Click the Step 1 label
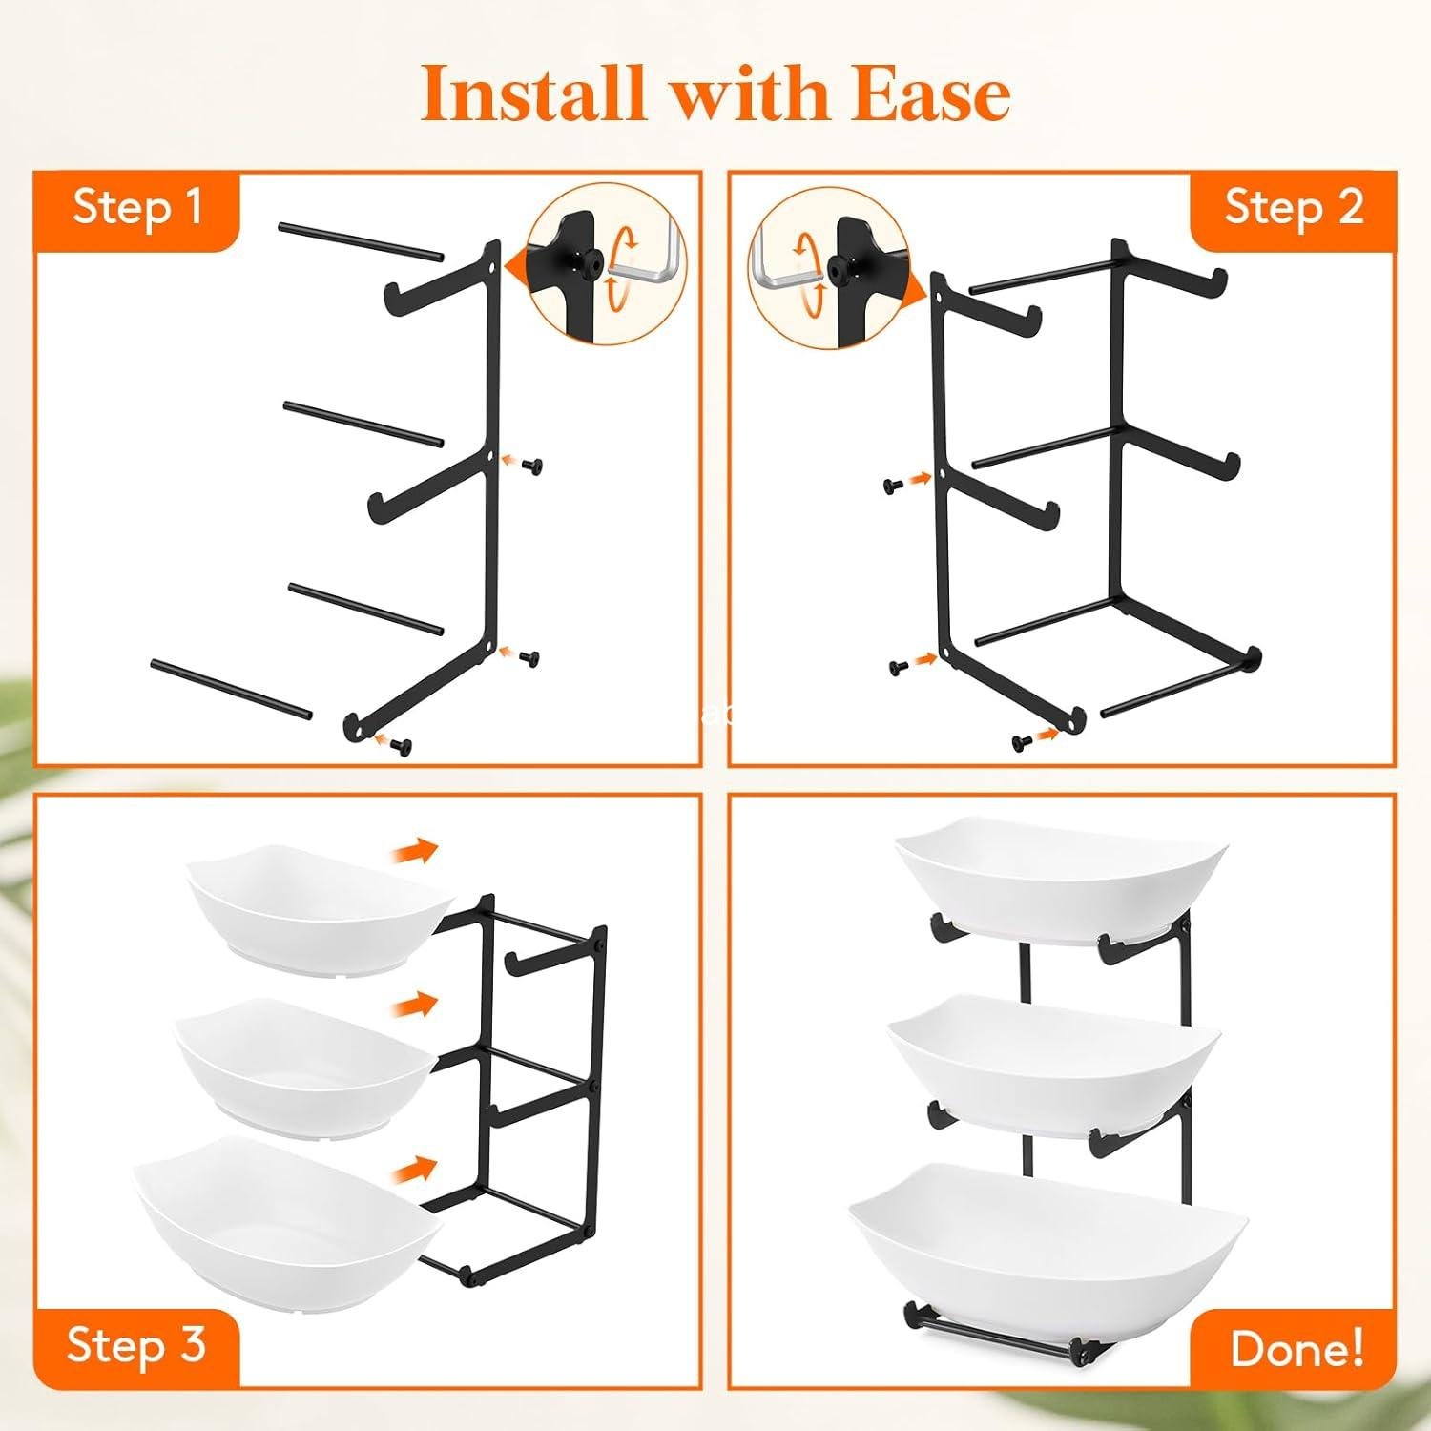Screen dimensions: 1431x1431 138,207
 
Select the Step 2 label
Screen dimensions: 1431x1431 1294,207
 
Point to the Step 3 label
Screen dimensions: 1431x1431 136,1344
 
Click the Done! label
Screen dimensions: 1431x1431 1296,1348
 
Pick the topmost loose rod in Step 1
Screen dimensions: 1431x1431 361,241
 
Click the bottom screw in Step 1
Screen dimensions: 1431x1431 404,747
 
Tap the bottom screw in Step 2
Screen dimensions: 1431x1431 1020,741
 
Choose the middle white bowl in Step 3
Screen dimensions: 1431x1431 303,1064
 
